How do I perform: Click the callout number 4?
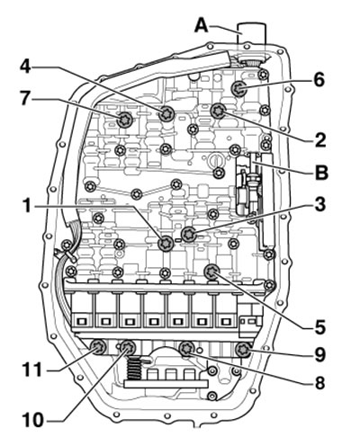pos(25,67)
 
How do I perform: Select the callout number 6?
pos(319,80)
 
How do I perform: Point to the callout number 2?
pos(319,139)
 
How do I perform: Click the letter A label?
pos(202,25)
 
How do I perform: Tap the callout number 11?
pos(31,370)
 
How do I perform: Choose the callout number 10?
pos(33,420)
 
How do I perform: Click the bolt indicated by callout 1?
pos(166,243)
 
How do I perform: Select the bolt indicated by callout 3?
pos(189,234)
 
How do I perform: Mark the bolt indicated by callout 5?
pos(211,272)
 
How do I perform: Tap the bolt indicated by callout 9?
pos(243,350)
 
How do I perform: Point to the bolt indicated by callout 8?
pos(186,349)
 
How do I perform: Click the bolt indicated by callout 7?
pos(124,120)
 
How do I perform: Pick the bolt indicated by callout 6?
pos(239,88)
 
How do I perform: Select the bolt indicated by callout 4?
pos(166,113)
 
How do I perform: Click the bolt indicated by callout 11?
pos(98,348)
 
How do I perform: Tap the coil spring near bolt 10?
pos(134,369)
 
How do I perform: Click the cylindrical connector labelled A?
pos(251,42)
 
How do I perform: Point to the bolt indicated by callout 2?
pos(218,111)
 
